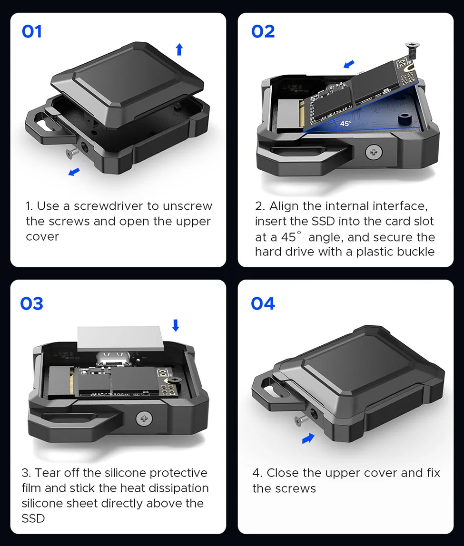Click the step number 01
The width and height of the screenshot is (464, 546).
coord(32,31)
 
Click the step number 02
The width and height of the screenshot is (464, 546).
coord(263,31)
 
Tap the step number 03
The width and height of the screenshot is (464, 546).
coord(32,303)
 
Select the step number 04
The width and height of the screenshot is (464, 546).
coord(263,303)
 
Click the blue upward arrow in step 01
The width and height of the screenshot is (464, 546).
coord(179,49)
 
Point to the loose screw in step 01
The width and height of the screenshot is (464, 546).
coord(72,152)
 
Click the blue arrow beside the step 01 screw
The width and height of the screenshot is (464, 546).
coord(74,172)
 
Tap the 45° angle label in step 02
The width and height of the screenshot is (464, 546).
coord(346,124)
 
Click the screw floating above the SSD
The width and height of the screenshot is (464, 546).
coord(413,50)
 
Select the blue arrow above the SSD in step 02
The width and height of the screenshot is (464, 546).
coord(349,64)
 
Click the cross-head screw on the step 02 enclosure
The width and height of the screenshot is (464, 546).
coord(374,152)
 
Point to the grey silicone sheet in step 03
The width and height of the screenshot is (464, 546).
coord(120,339)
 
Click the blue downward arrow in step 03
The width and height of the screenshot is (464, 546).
coord(176,325)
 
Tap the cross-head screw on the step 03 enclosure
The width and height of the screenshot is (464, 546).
coord(144,419)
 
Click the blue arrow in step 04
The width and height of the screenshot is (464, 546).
coord(308,439)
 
